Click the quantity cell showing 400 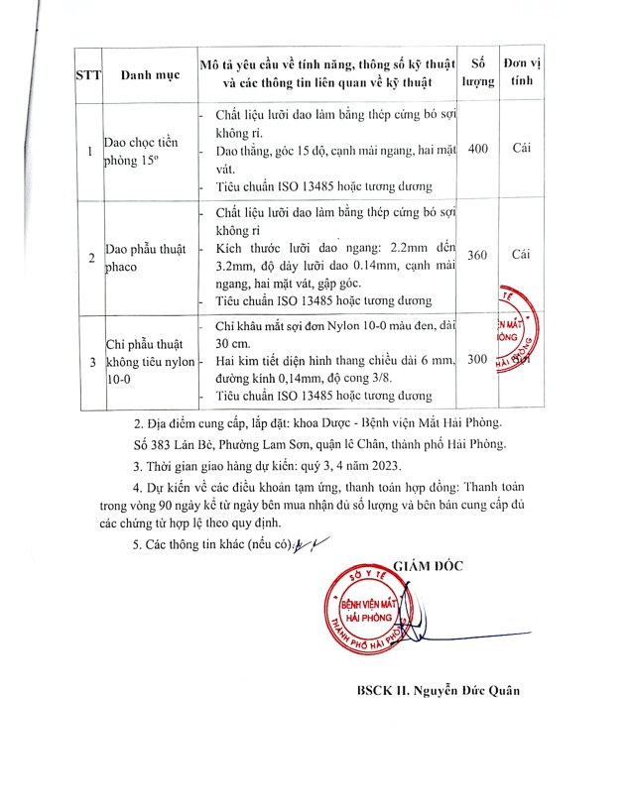point(477,149)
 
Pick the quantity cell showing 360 point(477,255)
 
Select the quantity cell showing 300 point(477,359)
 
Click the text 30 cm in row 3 point(230,346)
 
